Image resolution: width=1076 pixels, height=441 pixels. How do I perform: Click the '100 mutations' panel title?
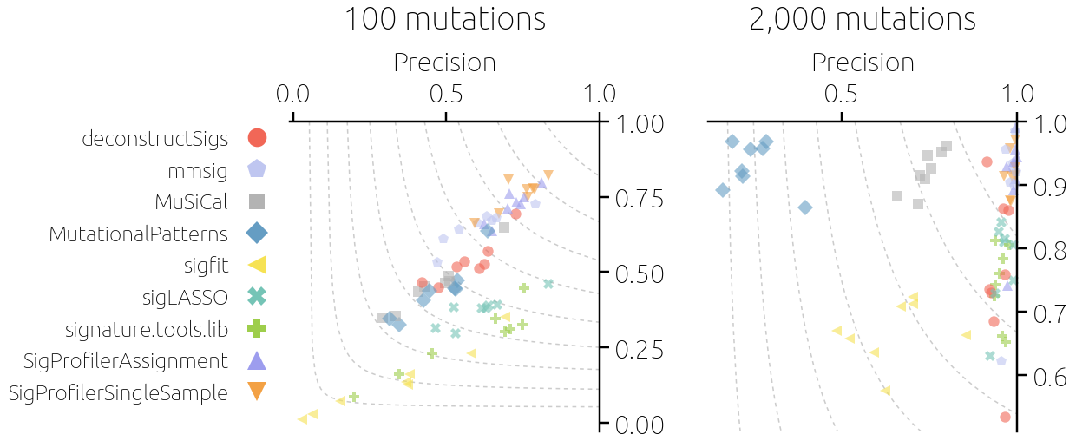click(445, 19)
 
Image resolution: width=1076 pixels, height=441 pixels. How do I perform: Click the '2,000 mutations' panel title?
click(863, 19)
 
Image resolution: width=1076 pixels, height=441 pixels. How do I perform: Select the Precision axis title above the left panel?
click(445, 63)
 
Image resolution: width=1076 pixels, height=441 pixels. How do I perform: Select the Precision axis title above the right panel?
click(863, 63)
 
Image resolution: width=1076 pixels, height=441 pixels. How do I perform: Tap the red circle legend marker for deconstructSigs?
click(257, 137)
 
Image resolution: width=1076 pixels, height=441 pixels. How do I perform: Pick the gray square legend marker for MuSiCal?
click(257, 201)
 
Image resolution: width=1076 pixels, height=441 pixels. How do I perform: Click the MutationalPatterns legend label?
click(138, 234)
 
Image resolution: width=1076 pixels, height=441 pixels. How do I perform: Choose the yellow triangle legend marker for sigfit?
click(257, 265)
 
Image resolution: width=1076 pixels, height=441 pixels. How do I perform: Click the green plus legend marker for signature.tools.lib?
click(257, 329)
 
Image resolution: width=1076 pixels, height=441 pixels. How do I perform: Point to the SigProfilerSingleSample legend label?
click(118, 392)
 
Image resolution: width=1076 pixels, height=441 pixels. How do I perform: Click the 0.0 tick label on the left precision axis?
click(292, 94)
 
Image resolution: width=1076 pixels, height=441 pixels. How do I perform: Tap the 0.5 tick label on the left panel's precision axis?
click(446, 94)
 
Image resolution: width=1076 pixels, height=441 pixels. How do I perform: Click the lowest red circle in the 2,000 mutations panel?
click(1005, 417)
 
